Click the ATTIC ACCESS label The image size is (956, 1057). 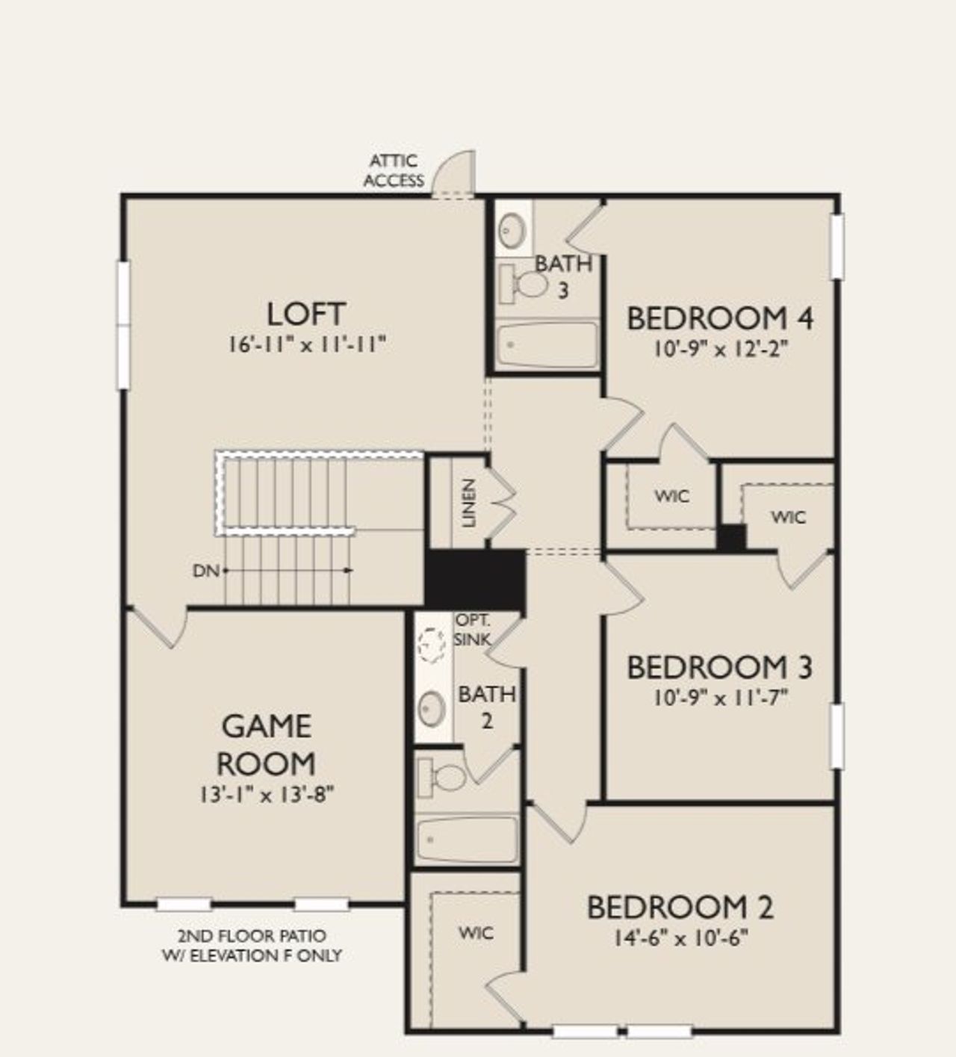pyautogui.click(x=394, y=170)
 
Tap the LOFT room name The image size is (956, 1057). pyautogui.click(x=306, y=314)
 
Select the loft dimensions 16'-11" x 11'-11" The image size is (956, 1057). pyautogui.click(x=306, y=344)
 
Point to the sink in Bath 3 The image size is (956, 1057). pyautogui.click(x=513, y=229)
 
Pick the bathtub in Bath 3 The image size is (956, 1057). pyautogui.click(x=547, y=345)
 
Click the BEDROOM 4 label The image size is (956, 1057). pyautogui.click(x=719, y=319)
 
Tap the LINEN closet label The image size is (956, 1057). pyautogui.click(x=469, y=503)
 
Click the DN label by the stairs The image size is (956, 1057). pyautogui.click(x=205, y=571)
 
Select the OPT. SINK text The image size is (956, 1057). pyautogui.click(x=474, y=630)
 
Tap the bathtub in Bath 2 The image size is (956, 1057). pyautogui.click(x=467, y=840)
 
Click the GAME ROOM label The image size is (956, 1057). pyautogui.click(x=266, y=745)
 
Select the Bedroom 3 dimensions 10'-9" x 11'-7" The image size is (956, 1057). pyautogui.click(x=720, y=698)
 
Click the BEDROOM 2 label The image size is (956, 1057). pyautogui.click(x=680, y=908)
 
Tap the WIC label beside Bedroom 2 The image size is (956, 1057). pyautogui.click(x=476, y=933)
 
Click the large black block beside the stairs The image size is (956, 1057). pyautogui.click(x=475, y=578)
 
